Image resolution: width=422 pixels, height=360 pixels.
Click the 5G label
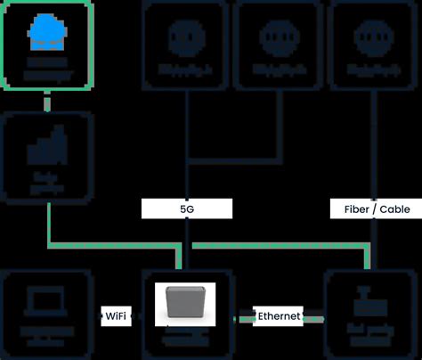(x=187, y=209)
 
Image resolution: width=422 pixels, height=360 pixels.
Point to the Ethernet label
(x=280, y=315)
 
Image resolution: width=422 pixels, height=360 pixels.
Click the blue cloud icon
(x=46, y=34)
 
